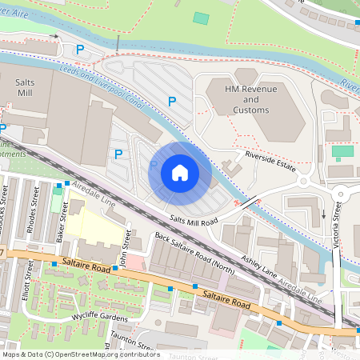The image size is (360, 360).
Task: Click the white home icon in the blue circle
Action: tap(180, 172)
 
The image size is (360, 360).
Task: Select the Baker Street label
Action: tap(61, 224)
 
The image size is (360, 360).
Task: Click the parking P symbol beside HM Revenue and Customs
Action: tap(171, 101)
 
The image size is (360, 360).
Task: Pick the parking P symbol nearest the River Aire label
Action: tap(78, 50)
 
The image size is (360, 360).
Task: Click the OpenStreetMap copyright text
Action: tap(80, 354)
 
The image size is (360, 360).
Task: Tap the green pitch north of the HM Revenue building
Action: tap(201, 18)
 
